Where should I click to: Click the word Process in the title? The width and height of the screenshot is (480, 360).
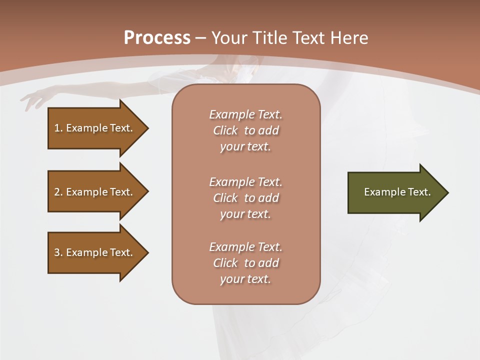pos(157,38)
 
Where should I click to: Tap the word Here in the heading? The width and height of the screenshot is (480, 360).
pos(348,38)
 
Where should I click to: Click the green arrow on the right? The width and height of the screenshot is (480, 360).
pos(395,192)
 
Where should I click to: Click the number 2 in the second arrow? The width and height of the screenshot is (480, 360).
pos(57,192)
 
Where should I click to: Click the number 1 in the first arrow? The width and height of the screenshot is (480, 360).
pos(57,128)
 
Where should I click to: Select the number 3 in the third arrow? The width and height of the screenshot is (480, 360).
pos(57,252)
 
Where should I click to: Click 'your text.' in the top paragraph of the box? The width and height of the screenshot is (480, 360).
pos(245,147)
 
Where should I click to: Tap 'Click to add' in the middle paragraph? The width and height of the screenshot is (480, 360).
pos(245,198)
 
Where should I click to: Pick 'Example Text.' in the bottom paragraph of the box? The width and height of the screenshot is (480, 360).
pos(245,247)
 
